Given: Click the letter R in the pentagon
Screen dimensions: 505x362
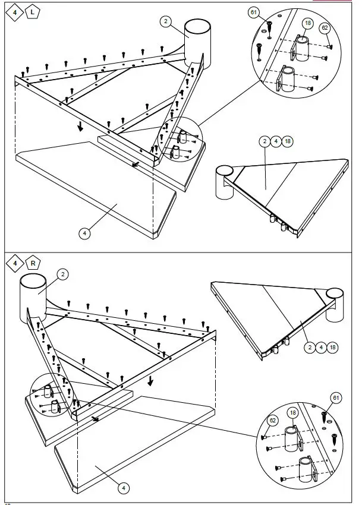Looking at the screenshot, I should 33,263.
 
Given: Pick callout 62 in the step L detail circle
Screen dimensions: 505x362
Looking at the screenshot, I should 325,27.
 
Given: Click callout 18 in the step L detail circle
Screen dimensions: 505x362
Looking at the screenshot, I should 307,23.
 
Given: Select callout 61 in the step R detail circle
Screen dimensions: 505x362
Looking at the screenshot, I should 336,397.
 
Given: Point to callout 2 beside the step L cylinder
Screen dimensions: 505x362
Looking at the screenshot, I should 166,21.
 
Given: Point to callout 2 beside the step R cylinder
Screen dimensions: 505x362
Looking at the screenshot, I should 63,274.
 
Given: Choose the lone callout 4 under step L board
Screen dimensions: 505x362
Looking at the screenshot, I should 85,233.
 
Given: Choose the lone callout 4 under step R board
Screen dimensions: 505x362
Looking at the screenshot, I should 123,488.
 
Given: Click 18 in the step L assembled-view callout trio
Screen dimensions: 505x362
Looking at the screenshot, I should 288,141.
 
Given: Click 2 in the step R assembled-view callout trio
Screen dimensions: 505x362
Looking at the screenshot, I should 310,346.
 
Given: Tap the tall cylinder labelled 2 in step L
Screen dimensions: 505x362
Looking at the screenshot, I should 197,42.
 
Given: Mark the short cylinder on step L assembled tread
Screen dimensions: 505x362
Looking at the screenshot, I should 225,184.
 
